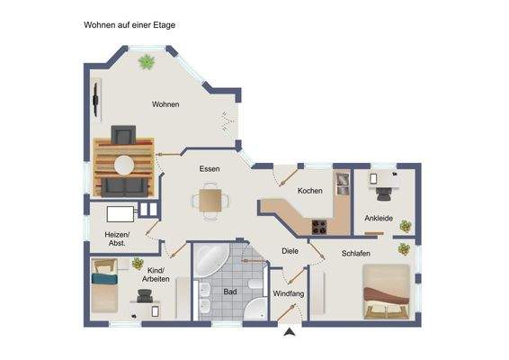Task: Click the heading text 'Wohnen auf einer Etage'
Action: tap(129, 25)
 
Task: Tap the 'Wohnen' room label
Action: tap(165, 104)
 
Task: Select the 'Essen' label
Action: tap(210, 168)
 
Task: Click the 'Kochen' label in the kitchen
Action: tap(310, 191)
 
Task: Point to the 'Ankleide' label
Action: tap(378, 219)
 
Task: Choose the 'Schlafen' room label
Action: tap(356, 254)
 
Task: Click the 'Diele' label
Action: tap(289, 251)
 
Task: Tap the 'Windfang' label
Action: tap(288, 293)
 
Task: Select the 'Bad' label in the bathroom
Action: tap(230, 292)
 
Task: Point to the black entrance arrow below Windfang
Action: tap(289, 334)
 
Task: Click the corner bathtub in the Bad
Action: tap(212, 261)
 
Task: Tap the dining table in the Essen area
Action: tap(210, 199)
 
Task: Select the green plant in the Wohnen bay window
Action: tap(146, 62)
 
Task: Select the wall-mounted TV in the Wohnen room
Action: tap(96, 94)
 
